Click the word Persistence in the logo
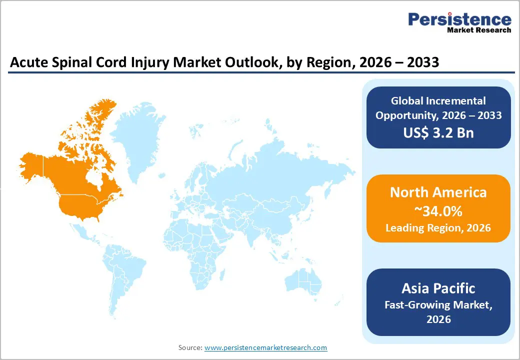(x=459, y=19)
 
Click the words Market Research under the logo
(x=479, y=30)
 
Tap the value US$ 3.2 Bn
(x=438, y=133)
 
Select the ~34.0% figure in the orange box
(x=438, y=211)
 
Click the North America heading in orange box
(x=438, y=192)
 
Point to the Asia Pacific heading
(x=438, y=288)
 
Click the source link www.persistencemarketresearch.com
(x=265, y=347)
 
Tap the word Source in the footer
(x=190, y=347)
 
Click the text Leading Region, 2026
(x=438, y=228)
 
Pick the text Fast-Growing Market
(x=438, y=304)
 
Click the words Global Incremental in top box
(x=438, y=101)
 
